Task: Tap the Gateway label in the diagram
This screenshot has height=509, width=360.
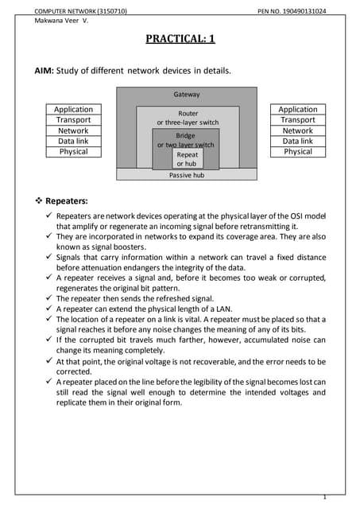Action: click(187, 95)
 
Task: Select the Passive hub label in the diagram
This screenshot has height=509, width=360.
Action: click(187, 175)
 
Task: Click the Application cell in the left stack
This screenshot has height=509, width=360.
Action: click(73, 109)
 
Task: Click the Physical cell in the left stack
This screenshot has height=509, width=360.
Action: click(73, 151)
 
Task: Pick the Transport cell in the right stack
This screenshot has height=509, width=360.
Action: click(298, 120)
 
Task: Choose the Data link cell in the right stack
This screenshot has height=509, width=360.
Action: click(298, 141)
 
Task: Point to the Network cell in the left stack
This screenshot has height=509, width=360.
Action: click(73, 130)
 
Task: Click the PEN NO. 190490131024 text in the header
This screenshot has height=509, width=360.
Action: click(292, 11)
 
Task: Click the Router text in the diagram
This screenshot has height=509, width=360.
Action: click(188, 114)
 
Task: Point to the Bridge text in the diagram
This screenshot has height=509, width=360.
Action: click(185, 136)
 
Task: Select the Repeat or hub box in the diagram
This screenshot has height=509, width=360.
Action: click(188, 159)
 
